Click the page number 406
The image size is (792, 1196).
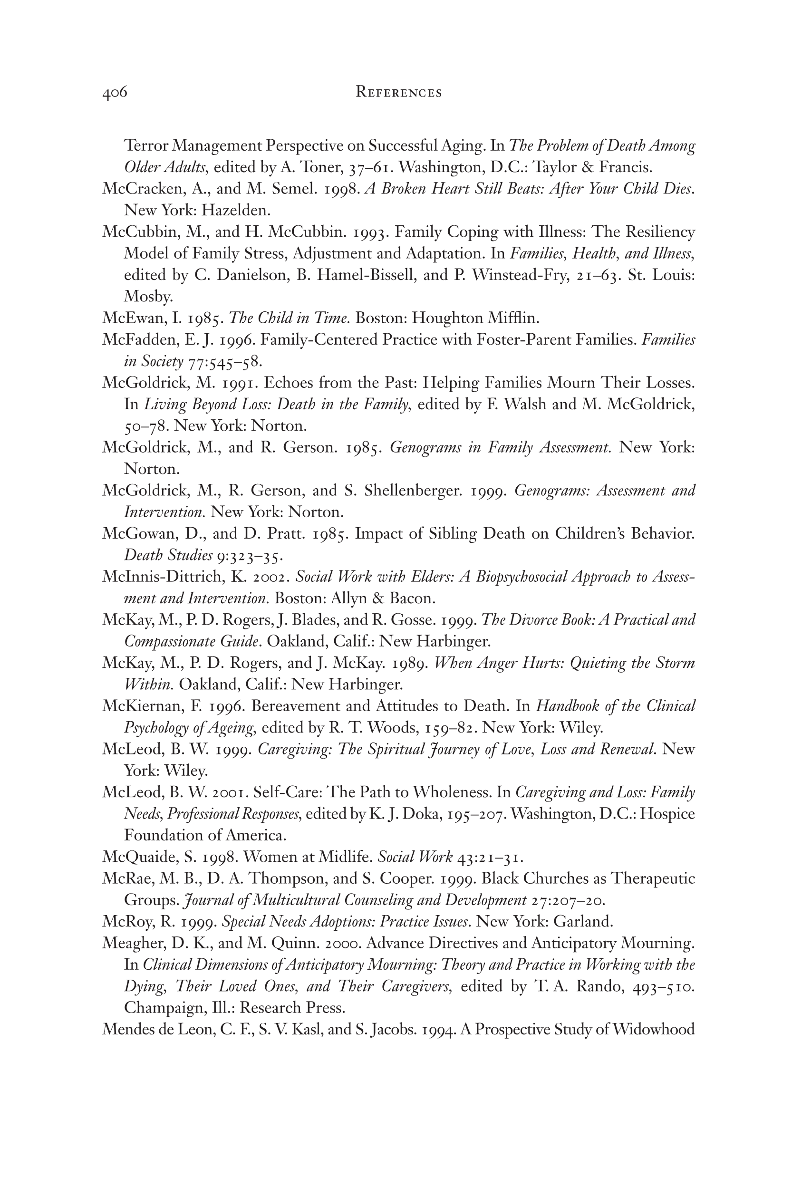pyautogui.click(x=115, y=93)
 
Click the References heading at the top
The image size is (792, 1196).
pyautogui.click(x=398, y=93)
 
